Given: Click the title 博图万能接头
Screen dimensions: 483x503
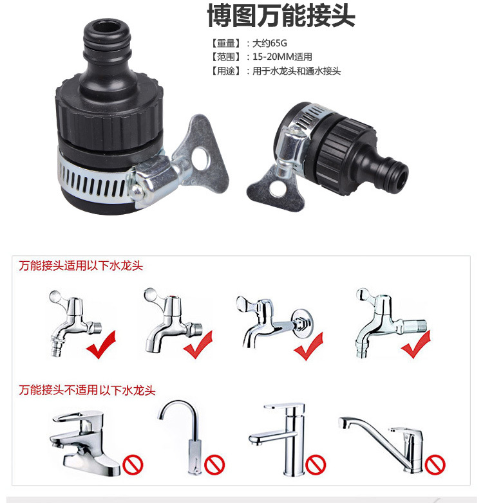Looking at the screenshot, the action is pyautogui.click(x=281, y=15).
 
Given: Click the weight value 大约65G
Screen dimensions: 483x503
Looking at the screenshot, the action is pyautogui.click(x=270, y=43).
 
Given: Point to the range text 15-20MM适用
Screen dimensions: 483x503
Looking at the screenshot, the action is pyautogui.click(x=282, y=57).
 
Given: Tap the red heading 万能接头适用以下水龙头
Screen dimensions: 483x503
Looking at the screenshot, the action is pyautogui.click(x=80, y=266).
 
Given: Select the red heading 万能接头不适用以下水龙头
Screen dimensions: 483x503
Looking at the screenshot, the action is pyautogui.click(x=87, y=390).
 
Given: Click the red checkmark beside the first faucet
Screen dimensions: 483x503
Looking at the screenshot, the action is pyautogui.click(x=101, y=345).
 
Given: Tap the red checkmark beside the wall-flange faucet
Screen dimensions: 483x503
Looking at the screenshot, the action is pyautogui.click(x=308, y=347).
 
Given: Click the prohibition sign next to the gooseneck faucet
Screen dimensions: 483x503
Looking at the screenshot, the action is pyautogui.click(x=214, y=464).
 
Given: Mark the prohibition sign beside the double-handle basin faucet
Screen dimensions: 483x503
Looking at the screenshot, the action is pyautogui.click(x=133, y=464).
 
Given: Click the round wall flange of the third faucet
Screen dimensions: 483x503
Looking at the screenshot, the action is pyautogui.click(x=302, y=323).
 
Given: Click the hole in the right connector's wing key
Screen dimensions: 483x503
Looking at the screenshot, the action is pyautogui.click(x=277, y=189).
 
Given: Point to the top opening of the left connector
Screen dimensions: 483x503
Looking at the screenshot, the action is pyautogui.click(x=108, y=27).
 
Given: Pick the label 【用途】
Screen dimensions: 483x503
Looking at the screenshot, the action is pyautogui.click(x=225, y=71).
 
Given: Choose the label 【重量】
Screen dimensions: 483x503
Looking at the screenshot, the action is pyautogui.click(x=225, y=43).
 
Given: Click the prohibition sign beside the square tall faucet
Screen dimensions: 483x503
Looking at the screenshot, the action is pyautogui.click(x=316, y=464).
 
